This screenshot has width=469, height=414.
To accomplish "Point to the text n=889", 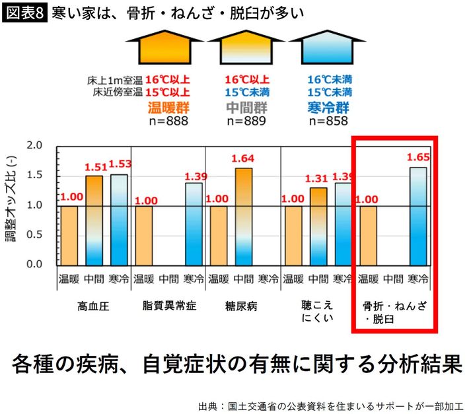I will (x=246, y=121).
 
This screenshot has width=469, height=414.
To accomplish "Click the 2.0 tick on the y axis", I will (x=34, y=146).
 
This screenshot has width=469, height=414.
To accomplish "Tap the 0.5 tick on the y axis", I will (x=34, y=234).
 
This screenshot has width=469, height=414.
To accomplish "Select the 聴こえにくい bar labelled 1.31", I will (x=318, y=225).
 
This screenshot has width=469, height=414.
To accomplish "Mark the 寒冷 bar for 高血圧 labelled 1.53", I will (x=119, y=219).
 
